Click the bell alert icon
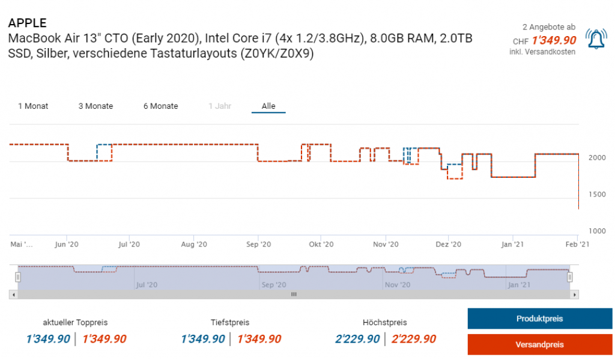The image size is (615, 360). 596,39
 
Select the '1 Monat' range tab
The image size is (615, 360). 33,106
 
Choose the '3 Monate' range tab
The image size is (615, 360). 95,106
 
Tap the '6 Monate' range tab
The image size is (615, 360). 160,106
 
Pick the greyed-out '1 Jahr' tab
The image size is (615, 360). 219,106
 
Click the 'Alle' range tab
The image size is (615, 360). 268,106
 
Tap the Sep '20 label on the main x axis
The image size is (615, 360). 258,245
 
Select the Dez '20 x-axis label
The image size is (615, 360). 448,245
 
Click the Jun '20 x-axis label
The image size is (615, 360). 66,245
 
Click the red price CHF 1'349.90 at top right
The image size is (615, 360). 554,41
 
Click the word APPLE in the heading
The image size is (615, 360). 27,23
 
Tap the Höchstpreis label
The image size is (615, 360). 384,323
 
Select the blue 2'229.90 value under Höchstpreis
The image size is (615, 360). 357,339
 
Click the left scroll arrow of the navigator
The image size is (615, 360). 13,294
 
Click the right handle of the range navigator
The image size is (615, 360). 570,277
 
